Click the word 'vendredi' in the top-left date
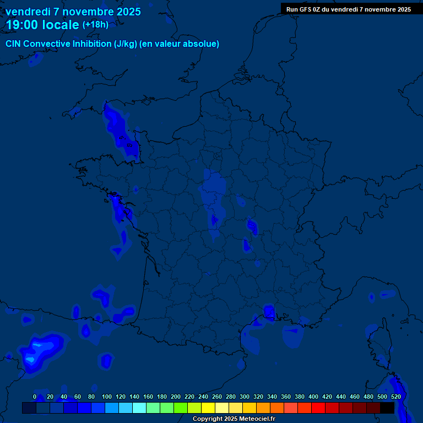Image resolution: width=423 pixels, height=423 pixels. click(28, 12)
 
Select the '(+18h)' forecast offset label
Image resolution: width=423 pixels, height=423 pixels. click(95, 25)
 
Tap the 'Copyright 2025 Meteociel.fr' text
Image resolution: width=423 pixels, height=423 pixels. click(234, 419)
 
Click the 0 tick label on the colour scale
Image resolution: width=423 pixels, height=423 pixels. click(35, 397)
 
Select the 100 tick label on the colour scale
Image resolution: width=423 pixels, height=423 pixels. click(107, 397)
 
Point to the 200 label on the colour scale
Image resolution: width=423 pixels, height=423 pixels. click(176, 397)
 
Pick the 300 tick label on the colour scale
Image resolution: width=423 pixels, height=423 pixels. click(245, 397)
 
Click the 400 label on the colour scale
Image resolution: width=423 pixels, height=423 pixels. click(313, 397)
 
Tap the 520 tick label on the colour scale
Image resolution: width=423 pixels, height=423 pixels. click(395, 397)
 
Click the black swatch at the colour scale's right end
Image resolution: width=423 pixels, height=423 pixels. click(387, 408)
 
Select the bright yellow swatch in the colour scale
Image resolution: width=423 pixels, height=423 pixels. click(208, 408)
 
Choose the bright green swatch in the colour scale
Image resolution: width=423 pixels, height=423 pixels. click(180, 408)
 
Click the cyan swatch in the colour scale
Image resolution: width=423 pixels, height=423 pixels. click(139, 408)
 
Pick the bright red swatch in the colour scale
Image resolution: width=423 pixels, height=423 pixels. click(318, 408)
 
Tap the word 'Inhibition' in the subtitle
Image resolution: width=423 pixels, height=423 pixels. click(92, 44)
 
